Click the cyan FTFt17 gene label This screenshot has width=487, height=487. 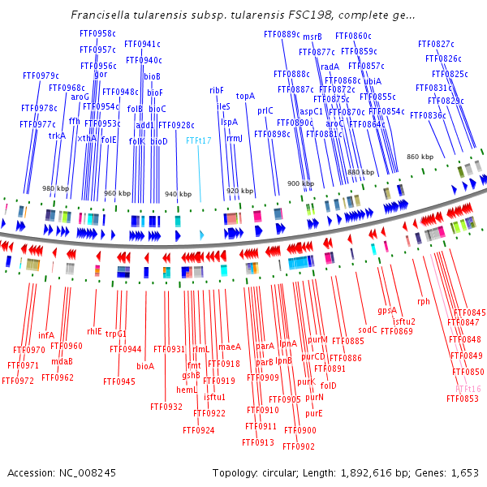199,140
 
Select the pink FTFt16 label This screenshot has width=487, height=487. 468,389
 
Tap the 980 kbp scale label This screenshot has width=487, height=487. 55,188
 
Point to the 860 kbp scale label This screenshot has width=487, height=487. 420,157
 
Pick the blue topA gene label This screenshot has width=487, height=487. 245,96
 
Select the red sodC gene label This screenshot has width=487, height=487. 368,330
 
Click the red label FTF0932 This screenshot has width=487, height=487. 166,407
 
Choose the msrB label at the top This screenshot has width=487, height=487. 312,37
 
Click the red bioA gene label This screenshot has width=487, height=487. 145,366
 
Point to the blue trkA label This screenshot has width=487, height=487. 57,136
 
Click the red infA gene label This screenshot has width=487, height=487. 46,334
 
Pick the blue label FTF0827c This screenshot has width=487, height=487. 436,43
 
